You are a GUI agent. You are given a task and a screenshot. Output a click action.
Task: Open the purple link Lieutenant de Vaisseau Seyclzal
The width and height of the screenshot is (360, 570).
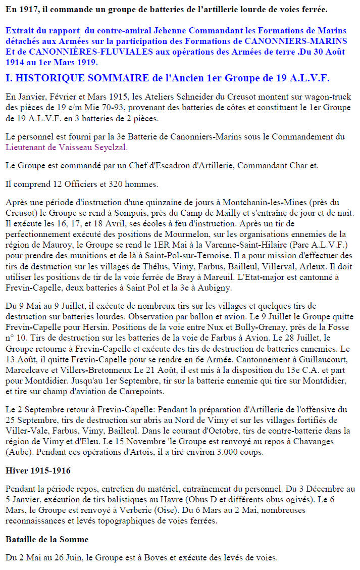(x=67, y=148)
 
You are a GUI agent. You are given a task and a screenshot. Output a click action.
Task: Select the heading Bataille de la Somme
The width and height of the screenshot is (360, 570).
(x=46, y=540)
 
